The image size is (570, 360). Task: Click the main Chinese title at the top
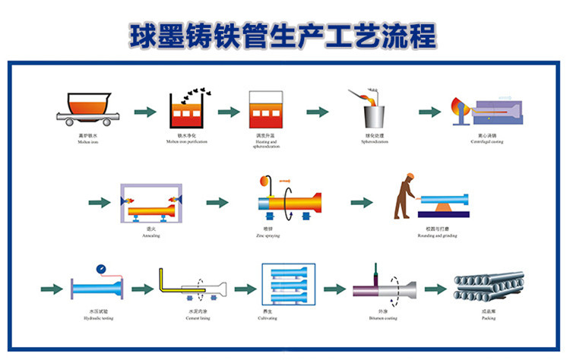pos(284,34)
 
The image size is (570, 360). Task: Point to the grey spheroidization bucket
pos(372,115)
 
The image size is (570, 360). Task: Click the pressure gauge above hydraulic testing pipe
pos(100,270)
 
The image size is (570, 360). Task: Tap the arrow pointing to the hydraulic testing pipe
pos(51,289)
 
